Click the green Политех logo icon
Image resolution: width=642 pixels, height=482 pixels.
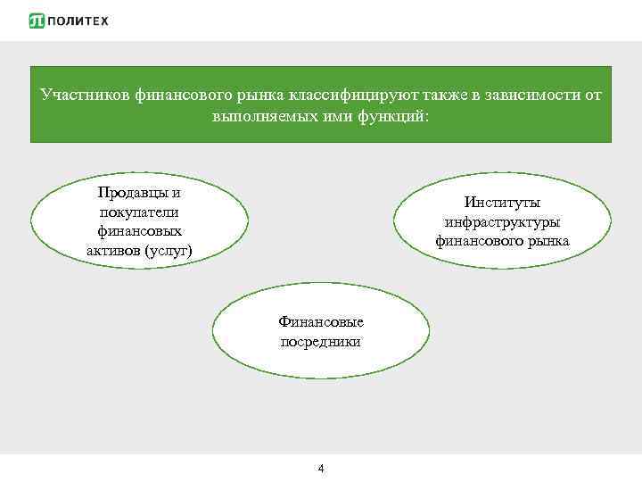coord(37,21)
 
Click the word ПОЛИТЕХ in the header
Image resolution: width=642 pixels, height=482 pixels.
coord(78,21)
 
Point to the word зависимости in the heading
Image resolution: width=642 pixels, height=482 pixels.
coord(529,95)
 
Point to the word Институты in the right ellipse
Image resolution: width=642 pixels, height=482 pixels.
coord(502,203)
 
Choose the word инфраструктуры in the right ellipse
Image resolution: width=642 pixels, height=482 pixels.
coord(502,221)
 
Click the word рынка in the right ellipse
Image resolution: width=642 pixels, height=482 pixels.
coord(546,241)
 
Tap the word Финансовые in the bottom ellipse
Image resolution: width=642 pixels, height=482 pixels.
coord(321,321)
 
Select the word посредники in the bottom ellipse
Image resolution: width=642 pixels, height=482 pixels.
coord(321,341)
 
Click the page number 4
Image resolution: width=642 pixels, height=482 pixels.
coord(321,469)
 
